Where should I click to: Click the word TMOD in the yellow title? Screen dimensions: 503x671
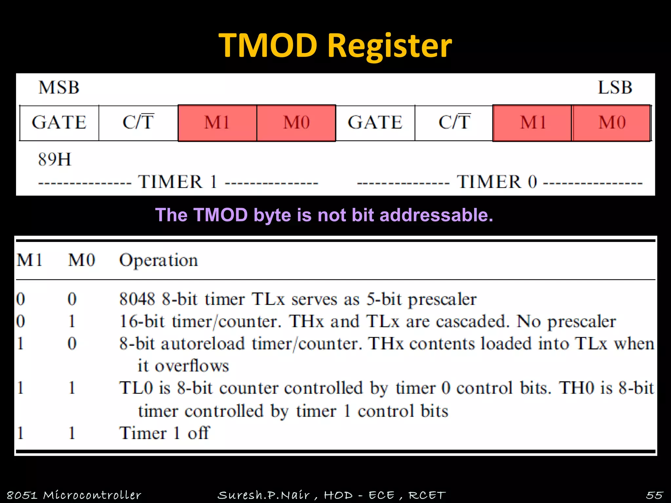pyautogui.click(x=268, y=46)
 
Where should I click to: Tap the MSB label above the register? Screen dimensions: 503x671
pyautogui.click(x=59, y=88)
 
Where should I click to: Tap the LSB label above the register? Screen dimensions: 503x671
pyautogui.click(x=615, y=88)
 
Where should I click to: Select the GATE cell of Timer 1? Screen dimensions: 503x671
pyautogui.click(x=59, y=123)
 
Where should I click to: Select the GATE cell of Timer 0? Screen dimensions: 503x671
pyautogui.click(x=375, y=123)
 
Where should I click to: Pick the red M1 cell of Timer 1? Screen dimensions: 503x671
pyautogui.click(x=217, y=123)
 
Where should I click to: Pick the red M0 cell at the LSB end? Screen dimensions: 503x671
pyautogui.click(x=612, y=123)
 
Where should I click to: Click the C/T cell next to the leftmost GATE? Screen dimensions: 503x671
pyautogui.click(x=138, y=123)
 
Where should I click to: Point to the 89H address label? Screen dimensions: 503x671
pyautogui.click(x=54, y=160)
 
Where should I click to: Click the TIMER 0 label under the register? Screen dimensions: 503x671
pyautogui.click(x=497, y=182)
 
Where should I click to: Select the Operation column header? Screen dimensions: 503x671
pyautogui.click(x=158, y=261)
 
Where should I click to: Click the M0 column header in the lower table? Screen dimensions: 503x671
pyautogui.click(x=81, y=261)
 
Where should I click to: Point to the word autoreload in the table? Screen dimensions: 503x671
pyautogui.click(x=202, y=344)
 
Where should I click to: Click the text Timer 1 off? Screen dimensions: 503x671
pyautogui.click(x=164, y=433)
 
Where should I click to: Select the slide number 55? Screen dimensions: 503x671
pyautogui.click(x=654, y=495)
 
